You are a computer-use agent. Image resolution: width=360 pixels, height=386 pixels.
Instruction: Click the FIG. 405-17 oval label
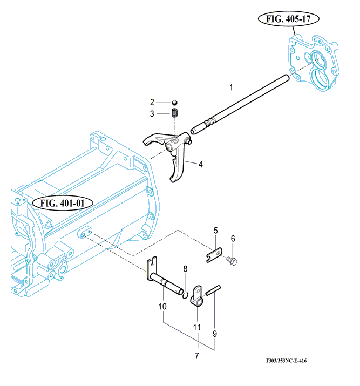coord(288,19)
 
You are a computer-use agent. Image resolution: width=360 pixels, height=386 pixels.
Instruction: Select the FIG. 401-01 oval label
coord(63,203)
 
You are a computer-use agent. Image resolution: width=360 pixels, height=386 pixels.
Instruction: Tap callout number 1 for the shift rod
coord(231,87)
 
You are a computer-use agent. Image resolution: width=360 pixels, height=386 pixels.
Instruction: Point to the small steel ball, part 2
coord(174,103)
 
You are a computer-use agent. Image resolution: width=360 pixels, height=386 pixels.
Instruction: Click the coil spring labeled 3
coord(175,113)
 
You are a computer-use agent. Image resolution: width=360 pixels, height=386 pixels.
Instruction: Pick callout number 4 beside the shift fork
coord(201,165)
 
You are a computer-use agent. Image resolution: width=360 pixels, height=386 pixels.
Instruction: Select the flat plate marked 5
coord(214,255)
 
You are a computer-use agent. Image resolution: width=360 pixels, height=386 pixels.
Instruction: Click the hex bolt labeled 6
coord(232,261)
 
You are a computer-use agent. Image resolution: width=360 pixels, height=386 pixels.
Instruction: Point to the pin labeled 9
coord(213,290)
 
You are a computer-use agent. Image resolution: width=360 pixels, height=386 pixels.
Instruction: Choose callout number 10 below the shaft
coord(162,307)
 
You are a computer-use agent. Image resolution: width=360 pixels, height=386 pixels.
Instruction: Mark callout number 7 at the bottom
coord(197,356)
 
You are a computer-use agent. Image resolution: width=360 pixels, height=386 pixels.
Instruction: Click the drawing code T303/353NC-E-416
coord(286,361)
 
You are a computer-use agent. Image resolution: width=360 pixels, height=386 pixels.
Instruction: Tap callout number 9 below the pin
coord(215,334)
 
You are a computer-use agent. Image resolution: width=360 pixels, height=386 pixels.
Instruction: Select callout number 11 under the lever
coord(197,327)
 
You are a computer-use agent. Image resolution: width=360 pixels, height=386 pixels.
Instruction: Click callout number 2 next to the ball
coord(152,102)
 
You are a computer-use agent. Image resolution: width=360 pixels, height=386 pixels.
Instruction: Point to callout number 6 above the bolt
coord(233,239)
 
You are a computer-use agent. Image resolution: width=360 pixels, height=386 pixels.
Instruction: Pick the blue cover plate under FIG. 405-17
coord(313,63)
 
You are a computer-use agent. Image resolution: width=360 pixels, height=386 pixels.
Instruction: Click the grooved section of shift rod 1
coord(210,122)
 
